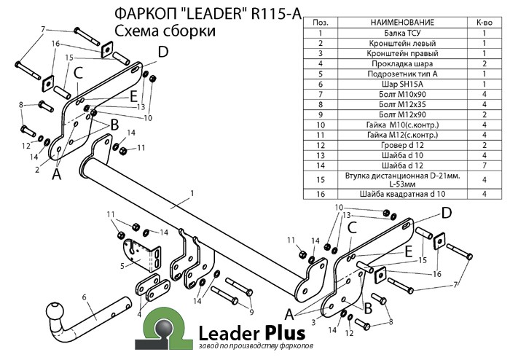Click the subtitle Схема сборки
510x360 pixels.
coord(165,31)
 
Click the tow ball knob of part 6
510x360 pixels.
coord(55,313)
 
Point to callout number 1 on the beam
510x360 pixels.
coord(192,192)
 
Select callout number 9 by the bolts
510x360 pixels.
coord(251,313)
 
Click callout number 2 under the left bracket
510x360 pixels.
coord(36,170)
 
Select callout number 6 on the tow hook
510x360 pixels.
coord(85,297)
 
